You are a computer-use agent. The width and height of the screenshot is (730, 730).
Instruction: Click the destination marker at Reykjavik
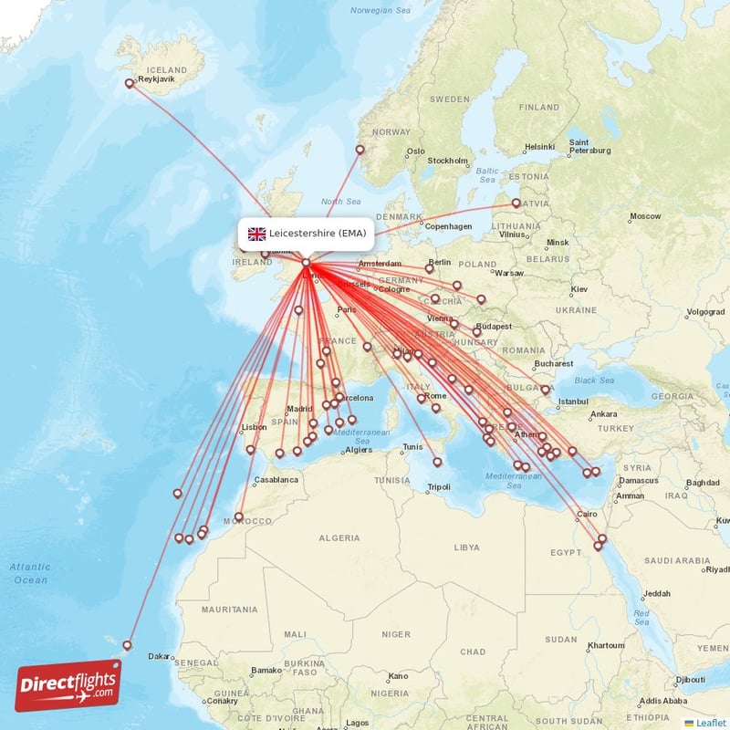click(x=130, y=83)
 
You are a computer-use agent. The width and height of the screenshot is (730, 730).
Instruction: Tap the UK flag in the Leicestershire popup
click(x=256, y=234)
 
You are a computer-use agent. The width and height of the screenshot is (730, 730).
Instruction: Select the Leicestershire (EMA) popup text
click(x=318, y=234)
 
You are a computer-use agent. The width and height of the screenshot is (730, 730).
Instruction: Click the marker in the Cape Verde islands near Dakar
click(x=128, y=645)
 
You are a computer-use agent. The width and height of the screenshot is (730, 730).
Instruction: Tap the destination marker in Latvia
click(x=516, y=203)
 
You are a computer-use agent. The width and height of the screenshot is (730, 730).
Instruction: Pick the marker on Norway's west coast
click(x=360, y=151)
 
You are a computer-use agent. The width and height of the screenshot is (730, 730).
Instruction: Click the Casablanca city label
click(x=276, y=479)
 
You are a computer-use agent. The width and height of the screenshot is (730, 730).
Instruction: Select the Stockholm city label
click(x=448, y=161)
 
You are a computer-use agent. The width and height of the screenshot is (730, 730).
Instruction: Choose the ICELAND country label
click(x=166, y=69)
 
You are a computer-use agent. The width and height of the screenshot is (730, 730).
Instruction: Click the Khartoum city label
click(x=607, y=644)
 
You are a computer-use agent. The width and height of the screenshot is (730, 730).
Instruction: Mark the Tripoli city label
click(x=438, y=486)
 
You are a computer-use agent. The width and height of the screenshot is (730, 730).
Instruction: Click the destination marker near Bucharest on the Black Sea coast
click(x=546, y=390)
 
